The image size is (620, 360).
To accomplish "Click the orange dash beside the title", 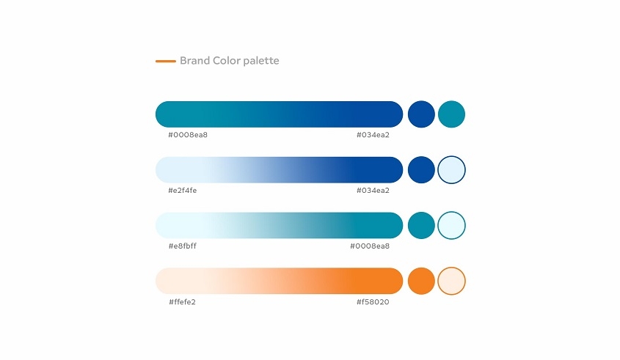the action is (x=166, y=62).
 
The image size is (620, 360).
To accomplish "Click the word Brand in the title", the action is (x=194, y=60).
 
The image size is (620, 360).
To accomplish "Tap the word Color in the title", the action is (x=226, y=60).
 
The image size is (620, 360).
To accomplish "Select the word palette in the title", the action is (x=261, y=61).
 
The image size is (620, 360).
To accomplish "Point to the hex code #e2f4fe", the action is (x=182, y=191).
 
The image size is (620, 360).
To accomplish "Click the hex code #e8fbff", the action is (x=182, y=246).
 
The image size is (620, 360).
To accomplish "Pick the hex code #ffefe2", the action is (x=182, y=302).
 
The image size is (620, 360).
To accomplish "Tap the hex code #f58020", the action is (x=373, y=302).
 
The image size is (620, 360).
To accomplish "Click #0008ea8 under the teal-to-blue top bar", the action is (x=188, y=135).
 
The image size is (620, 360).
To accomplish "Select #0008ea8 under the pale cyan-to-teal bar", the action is (x=370, y=246).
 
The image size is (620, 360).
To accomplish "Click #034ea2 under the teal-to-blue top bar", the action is (x=373, y=135).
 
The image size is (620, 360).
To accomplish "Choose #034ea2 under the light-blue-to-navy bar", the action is (x=373, y=191).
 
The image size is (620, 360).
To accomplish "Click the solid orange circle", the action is (x=421, y=281).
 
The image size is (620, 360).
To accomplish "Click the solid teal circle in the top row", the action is (x=451, y=114).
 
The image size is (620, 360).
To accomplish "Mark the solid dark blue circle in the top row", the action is (x=421, y=114).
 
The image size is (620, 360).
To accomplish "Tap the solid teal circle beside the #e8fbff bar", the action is (x=421, y=225).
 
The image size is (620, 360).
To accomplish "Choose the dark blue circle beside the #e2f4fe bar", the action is (x=421, y=170).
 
